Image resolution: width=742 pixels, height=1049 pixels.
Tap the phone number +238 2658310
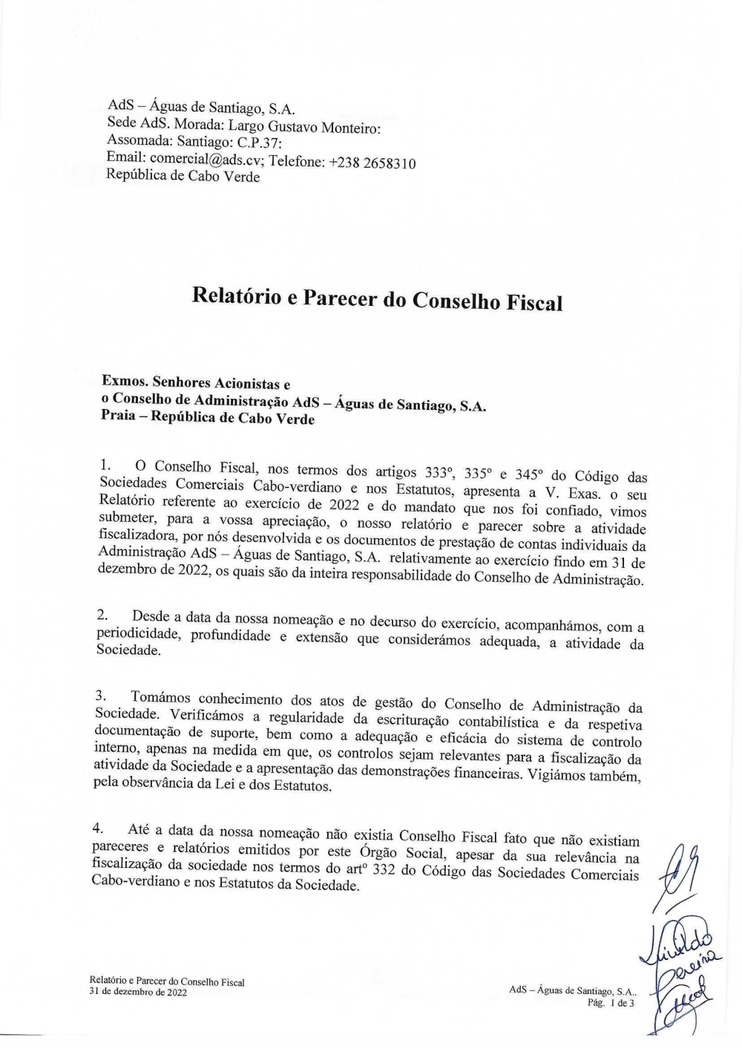pos(372,163)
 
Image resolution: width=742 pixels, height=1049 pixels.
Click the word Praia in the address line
pos(118,417)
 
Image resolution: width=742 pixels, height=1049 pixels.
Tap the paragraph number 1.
pos(105,465)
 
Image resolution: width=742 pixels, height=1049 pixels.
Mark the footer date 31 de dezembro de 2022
pos(138,992)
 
